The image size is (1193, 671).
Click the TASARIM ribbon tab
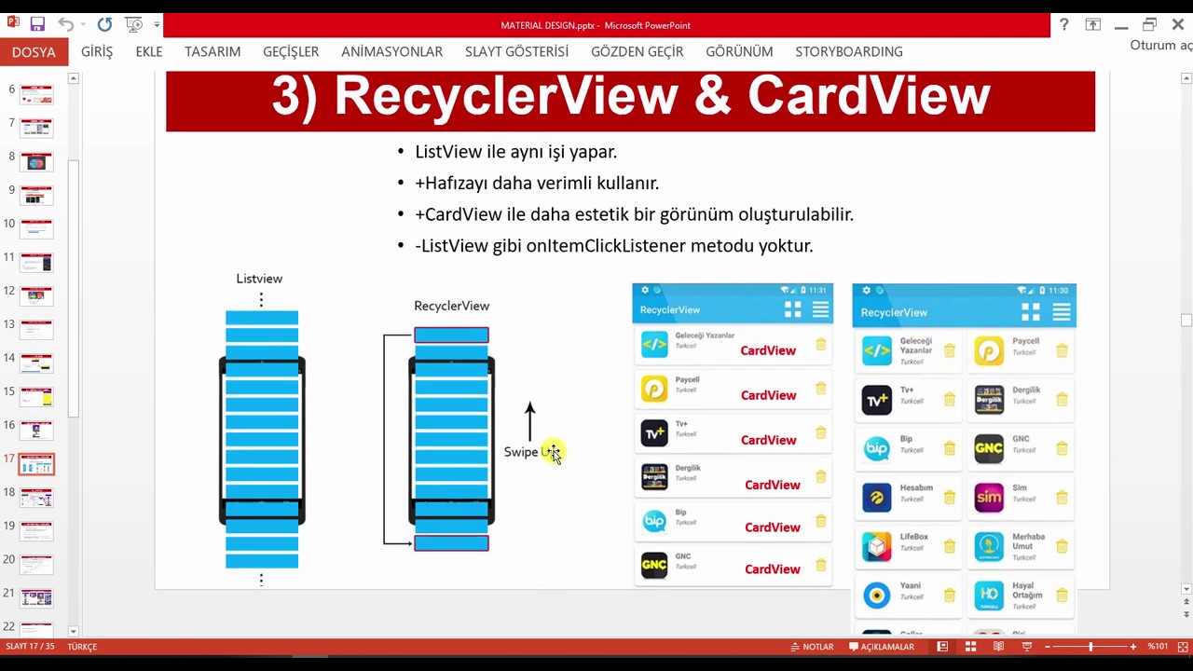[x=213, y=52]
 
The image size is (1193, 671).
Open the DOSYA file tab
[x=34, y=52]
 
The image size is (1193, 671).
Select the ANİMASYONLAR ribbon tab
[x=391, y=52]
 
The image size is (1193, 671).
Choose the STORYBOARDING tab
[x=848, y=52]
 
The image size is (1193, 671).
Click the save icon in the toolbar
[x=37, y=25]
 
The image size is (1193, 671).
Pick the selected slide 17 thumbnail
[x=36, y=464]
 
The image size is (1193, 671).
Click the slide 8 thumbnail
[x=36, y=162]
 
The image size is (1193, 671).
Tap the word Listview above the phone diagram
[x=259, y=279]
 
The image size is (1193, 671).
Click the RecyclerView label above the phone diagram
[x=451, y=306]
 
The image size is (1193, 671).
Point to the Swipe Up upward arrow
[x=530, y=421]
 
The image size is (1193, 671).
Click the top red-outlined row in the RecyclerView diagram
[x=451, y=335]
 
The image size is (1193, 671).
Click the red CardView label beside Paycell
[x=768, y=395]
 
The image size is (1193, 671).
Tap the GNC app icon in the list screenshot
[x=654, y=565]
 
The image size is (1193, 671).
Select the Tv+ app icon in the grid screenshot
[x=876, y=400]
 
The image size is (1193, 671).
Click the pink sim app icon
[x=989, y=497]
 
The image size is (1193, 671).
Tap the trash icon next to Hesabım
[x=949, y=498]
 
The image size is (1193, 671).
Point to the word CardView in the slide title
[x=869, y=95]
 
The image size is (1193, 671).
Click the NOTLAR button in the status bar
[x=812, y=647]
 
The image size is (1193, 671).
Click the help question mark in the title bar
[x=1063, y=25]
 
